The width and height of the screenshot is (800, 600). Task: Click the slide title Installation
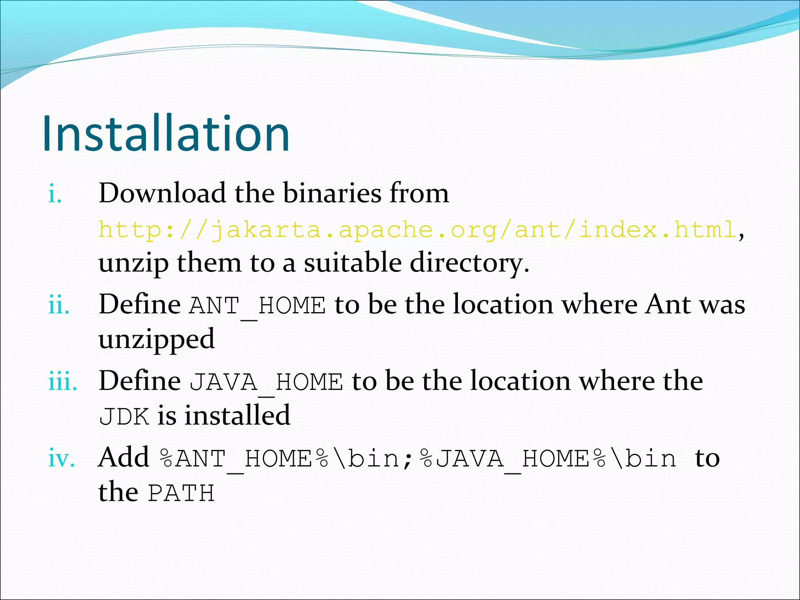tap(166, 134)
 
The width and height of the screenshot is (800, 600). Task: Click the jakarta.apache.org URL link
tap(417, 230)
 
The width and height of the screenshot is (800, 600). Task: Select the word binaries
tap(332, 193)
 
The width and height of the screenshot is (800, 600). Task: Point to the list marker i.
tap(55, 195)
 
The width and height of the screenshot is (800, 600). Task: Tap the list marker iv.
tap(61, 458)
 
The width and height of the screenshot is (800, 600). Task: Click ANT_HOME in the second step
tap(257, 305)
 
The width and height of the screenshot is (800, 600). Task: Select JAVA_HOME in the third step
tap(266, 382)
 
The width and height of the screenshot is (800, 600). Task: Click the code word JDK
tap(124, 417)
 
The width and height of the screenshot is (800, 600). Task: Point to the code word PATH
tap(181, 493)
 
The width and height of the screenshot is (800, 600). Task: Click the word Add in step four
tap(123, 457)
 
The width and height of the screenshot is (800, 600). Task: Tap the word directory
tap(469, 263)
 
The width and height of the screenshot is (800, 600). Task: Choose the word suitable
tap(352, 262)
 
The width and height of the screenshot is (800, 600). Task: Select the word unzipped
tap(156, 339)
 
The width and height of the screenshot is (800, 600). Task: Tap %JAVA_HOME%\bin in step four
tap(548, 458)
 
